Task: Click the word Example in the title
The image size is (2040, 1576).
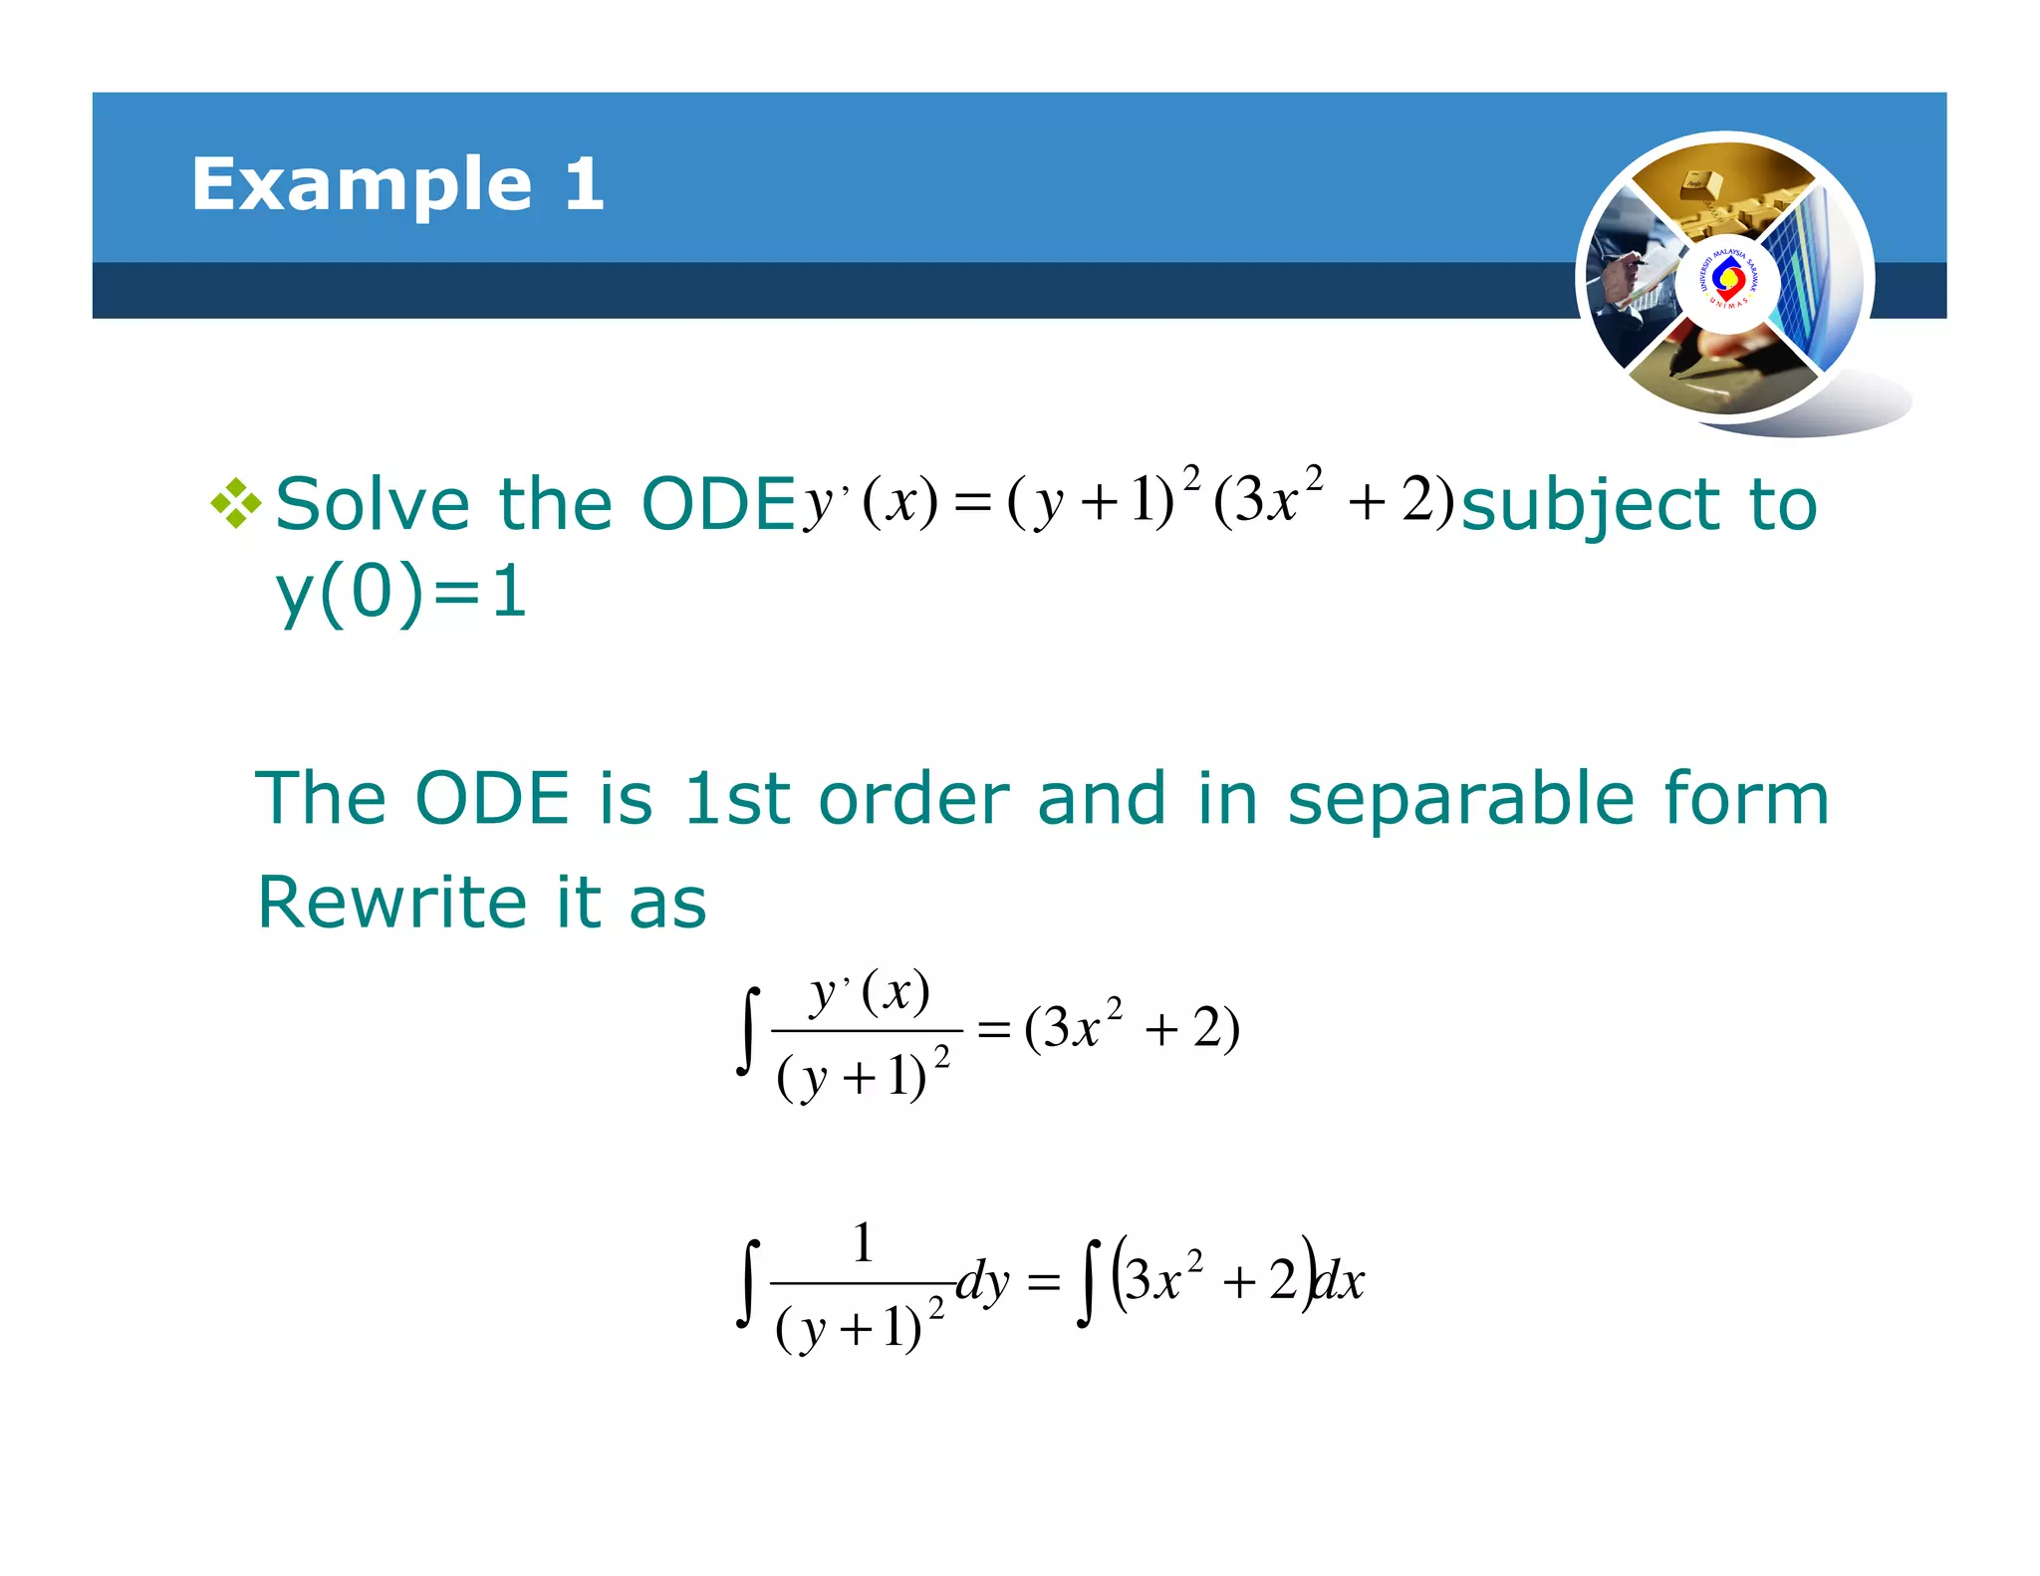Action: [x=362, y=185]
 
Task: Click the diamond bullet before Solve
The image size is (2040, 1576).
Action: [x=235, y=503]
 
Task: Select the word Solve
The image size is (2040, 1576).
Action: [x=372, y=504]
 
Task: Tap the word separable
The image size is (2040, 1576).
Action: [x=1460, y=799]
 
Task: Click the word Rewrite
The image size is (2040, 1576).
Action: [x=391, y=903]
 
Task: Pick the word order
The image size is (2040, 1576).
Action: [x=913, y=799]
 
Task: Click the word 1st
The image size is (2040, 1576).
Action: [x=735, y=799]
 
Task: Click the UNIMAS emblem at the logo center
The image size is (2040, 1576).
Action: [x=1727, y=282]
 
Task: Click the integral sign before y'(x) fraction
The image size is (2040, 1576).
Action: [x=748, y=1031]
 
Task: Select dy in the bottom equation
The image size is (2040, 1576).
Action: [x=982, y=1281]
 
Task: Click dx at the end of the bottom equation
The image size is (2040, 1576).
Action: [x=1339, y=1281]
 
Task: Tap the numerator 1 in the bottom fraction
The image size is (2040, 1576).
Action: [x=863, y=1243]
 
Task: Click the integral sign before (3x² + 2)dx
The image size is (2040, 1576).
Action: [x=1089, y=1283]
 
